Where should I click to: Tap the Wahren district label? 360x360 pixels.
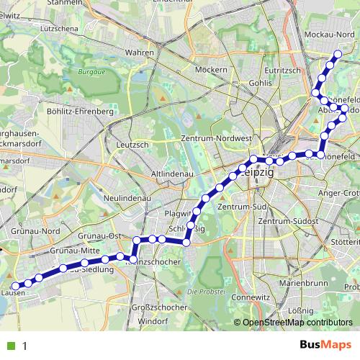pos(140,53)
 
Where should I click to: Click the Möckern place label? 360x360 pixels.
pos(211,70)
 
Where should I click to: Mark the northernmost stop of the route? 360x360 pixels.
pos(338,55)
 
